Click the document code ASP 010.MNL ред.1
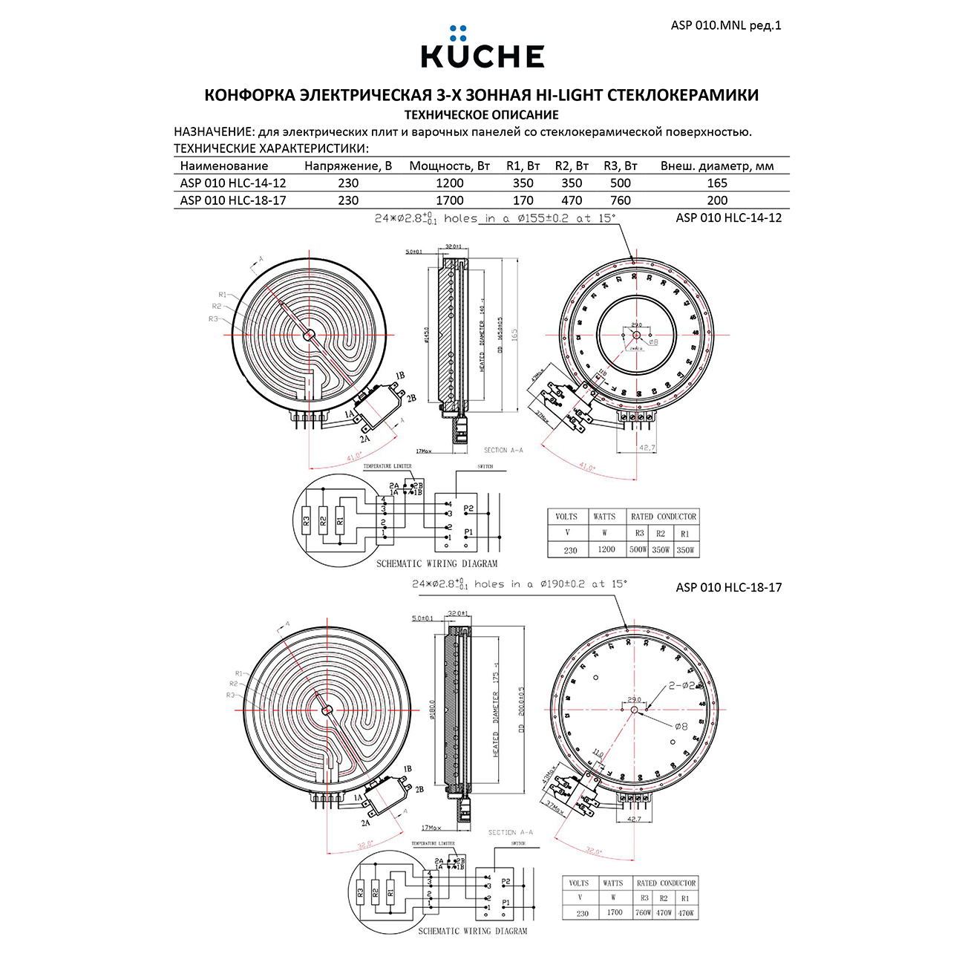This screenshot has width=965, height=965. pyautogui.click(x=725, y=25)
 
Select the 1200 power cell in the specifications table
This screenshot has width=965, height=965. pyautogui.click(x=449, y=183)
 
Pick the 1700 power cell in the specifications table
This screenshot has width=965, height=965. pyautogui.click(x=449, y=200)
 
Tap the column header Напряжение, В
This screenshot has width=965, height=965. pyautogui.click(x=347, y=166)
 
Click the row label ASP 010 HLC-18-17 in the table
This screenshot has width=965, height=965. pyautogui.click(x=232, y=200)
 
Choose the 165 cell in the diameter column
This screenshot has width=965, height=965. pyautogui.click(x=717, y=183)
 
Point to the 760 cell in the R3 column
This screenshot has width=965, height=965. pyautogui.click(x=620, y=200)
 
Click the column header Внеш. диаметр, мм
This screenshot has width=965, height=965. pyautogui.click(x=716, y=166)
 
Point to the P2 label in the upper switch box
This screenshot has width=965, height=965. pyautogui.click(x=468, y=508)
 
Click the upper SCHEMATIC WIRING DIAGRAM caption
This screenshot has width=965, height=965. pyautogui.click(x=436, y=564)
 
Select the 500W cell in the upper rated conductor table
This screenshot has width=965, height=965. pyautogui.click(x=638, y=550)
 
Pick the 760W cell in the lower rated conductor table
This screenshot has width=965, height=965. pyautogui.click(x=643, y=913)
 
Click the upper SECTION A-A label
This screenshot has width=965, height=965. pyautogui.click(x=503, y=451)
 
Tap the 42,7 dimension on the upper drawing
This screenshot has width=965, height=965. pyautogui.click(x=647, y=448)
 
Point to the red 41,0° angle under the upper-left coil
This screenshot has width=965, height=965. pyautogui.click(x=354, y=456)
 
